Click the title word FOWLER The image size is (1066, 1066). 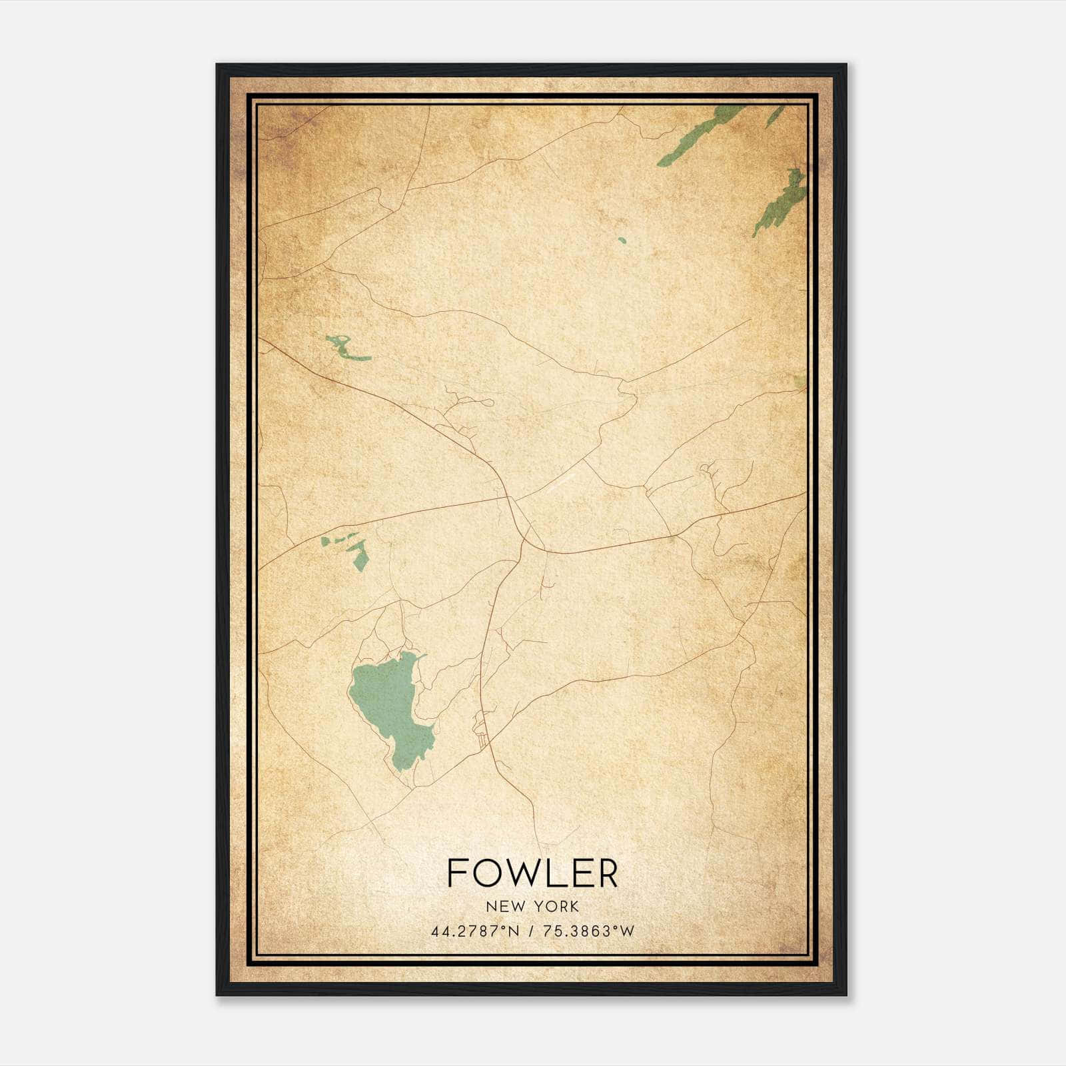pyautogui.click(x=532, y=873)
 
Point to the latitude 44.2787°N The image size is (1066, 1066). pyautogui.click(x=474, y=931)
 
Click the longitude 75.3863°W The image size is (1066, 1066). pyautogui.click(x=589, y=931)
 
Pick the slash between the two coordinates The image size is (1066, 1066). pyautogui.click(x=531, y=931)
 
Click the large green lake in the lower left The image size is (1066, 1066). pyautogui.click(x=390, y=710)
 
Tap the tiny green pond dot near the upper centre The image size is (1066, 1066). pyautogui.click(x=622, y=240)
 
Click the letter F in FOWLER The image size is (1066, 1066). pyautogui.click(x=456, y=873)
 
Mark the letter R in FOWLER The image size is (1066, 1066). pyautogui.click(x=608, y=873)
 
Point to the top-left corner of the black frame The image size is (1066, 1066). pyautogui.click(x=218, y=65)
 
